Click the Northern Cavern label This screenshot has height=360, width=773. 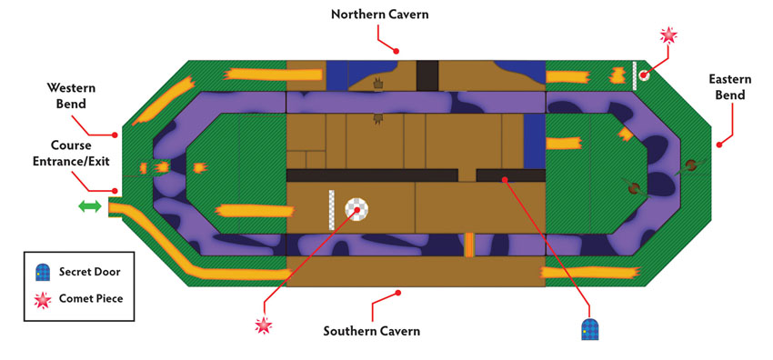(x=379, y=15)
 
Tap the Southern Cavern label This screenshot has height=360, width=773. (x=372, y=330)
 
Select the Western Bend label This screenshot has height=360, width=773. (x=71, y=96)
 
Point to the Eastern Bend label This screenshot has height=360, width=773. (x=730, y=86)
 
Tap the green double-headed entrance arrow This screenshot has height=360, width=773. (x=90, y=206)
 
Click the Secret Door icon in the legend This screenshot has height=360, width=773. (x=43, y=273)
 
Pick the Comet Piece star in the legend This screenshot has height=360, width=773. (x=43, y=299)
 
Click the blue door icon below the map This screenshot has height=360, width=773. (x=589, y=328)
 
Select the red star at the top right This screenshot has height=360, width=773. (x=668, y=35)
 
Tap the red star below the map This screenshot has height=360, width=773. (x=263, y=325)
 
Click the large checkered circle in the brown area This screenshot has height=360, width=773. (x=356, y=210)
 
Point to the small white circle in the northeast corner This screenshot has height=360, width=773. (x=643, y=75)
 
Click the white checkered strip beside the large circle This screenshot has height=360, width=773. (x=332, y=210)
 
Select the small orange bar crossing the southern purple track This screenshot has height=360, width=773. (x=469, y=245)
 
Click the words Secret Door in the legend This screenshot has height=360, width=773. (x=89, y=272)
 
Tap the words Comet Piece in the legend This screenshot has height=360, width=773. (x=91, y=299)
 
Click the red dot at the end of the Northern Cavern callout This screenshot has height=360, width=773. (x=396, y=50)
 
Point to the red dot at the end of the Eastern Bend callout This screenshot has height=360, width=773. (x=718, y=145)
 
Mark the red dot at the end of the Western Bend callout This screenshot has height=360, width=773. (x=115, y=135)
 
